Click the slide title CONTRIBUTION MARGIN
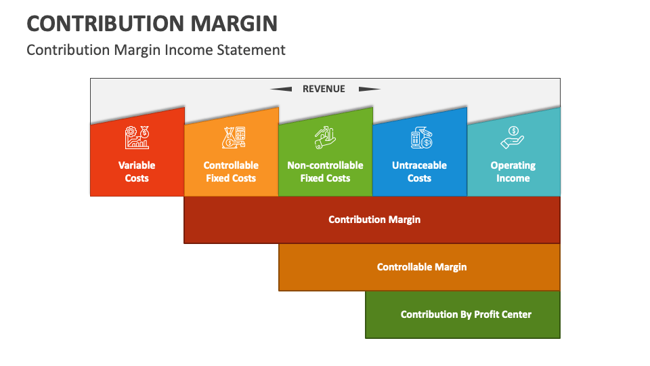(152, 23)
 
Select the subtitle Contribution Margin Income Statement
(156, 49)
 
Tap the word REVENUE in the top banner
(324, 89)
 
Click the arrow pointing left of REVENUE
(281, 89)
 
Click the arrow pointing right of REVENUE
(369, 89)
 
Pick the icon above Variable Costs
(137, 138)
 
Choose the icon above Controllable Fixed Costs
(231, 138)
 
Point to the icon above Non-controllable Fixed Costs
(325, 138)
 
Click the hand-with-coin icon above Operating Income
(513, 138)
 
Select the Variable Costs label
(137, 171)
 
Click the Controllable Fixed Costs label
(231, 171)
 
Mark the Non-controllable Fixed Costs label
(325, 171)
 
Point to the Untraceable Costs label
(419, 171)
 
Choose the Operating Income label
(513, 171)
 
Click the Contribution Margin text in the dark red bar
(374, 220)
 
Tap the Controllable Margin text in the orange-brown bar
(422, 267)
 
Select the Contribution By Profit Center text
(466, 314)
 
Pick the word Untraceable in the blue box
(419, 165)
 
